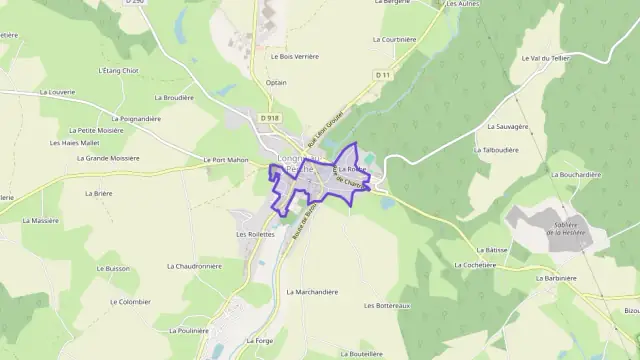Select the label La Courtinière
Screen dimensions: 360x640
[394, 40]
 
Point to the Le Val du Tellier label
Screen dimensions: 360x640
[545, 58]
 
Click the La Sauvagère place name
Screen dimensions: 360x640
[507, 127]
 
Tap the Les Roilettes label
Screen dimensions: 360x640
[255, 234]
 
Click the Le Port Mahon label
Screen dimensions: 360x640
[224, 160]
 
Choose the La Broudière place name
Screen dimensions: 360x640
[174, 98]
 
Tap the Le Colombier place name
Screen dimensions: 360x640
[131, 301]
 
